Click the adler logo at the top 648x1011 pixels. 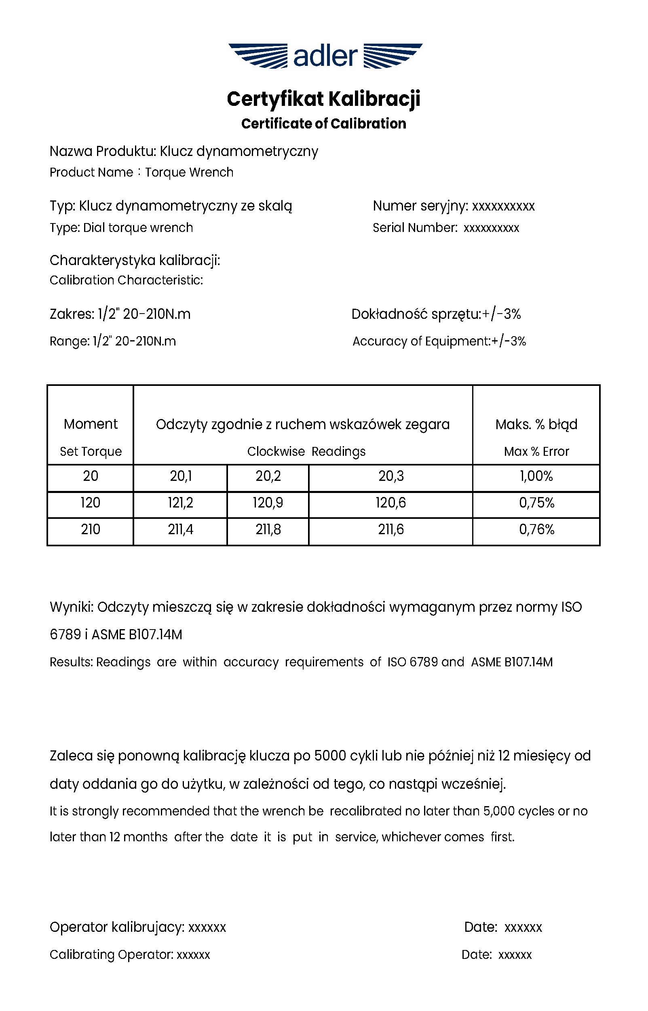coord(325,56)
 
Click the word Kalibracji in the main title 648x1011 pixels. coord(374,99)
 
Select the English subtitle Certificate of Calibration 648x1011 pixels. coord(323,124)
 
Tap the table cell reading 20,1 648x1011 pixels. coord(181,476)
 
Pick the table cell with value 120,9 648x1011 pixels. coord(268,503)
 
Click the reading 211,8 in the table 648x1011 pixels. coord(268,529)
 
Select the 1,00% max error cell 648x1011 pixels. coord(536,476)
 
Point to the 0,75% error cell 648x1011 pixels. coord(536,503)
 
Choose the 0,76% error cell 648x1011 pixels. coord(536,529)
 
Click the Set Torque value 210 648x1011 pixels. coord(91,529)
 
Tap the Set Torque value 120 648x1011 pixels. coord(91,503)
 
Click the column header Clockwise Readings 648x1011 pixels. coord(306,452)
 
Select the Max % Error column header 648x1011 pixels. coord(536,452)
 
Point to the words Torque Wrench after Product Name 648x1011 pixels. coord(189,173)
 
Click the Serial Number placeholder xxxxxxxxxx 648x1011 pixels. coord(491,228)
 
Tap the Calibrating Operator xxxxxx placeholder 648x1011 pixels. coord(193,955)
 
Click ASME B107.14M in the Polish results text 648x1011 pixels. coord(137,635)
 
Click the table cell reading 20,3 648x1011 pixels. coord(391,476)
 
